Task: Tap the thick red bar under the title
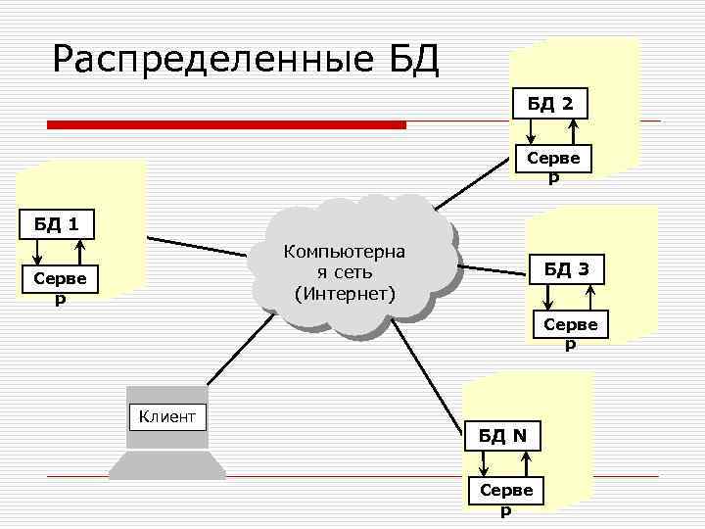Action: [x=227, y=125]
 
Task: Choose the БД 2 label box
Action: [x=550, y=102]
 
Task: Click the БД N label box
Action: [x=502, y=435]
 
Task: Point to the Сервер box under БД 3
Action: [x=570, y=328]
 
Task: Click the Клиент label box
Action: [x=167, y=416]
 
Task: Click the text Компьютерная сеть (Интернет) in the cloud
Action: [x=345, y=272]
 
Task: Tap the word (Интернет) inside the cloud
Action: [x=345, y=294]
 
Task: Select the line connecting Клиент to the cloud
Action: [x=233, y=358]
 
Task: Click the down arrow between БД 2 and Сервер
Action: [x=530, y=129]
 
